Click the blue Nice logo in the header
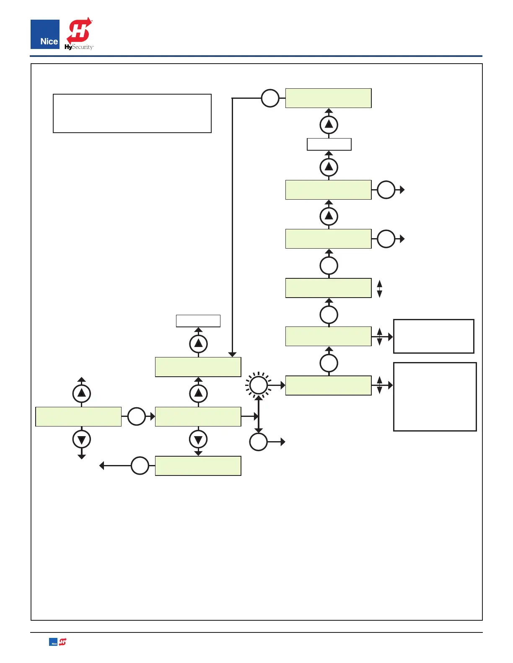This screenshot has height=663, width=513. (45, 34)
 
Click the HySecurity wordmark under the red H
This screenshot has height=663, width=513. (79, 47)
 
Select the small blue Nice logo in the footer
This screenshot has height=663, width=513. (53, 642)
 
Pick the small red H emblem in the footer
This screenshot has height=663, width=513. (62, 642)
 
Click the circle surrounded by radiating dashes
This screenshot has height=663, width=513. (259, 385)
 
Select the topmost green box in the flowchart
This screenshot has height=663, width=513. (328, 98)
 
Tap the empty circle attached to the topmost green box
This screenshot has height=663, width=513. (270, 98)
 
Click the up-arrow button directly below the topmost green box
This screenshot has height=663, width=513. (329, 124)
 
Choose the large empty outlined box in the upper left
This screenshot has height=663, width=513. (132, 113)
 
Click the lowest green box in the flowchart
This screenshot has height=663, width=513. (198, 466)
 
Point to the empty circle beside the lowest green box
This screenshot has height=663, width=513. (140, 465)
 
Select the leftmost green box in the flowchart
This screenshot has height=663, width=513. (78, 416)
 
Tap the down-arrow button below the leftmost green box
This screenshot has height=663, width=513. (82, 439)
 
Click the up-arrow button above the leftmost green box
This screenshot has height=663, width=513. (82, 393)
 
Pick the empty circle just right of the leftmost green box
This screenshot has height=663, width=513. (136, 416)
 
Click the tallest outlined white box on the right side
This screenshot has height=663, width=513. (435, 396)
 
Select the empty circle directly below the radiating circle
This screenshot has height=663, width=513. (259, 442)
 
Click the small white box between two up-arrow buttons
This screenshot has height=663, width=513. (329, 144)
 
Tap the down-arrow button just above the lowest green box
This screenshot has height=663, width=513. (199, 439)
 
